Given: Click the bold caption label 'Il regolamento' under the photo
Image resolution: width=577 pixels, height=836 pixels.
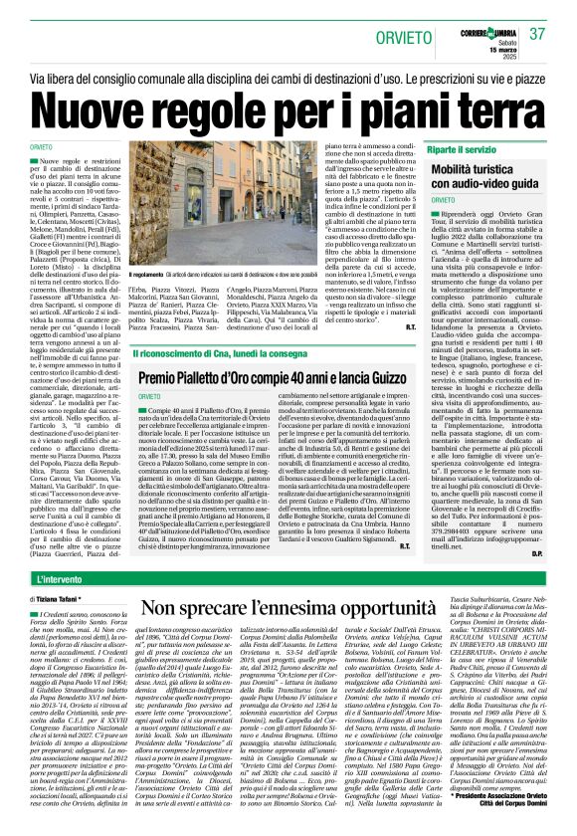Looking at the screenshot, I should pos(149,275).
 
